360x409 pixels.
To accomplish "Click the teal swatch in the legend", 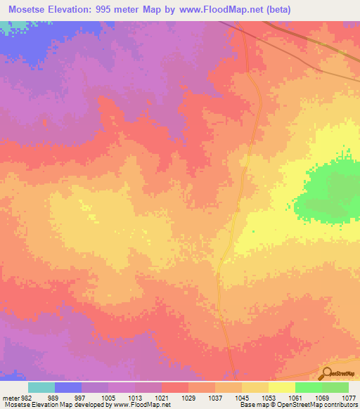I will click(41, 387).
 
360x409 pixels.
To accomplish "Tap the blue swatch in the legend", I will click(68, 387).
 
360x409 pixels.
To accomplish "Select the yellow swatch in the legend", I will click(281, 387).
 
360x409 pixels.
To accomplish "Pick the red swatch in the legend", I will click(175, 387).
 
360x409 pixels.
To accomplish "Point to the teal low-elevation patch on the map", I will click(6, 26).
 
